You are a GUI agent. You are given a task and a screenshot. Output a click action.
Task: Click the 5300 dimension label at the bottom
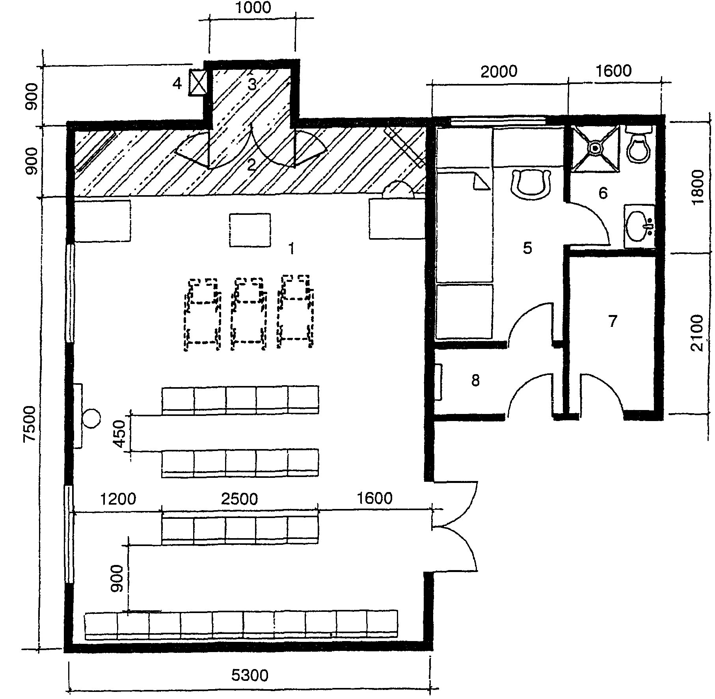[x=250, y=675]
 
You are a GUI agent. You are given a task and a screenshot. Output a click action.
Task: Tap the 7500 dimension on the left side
[x=30, y=426]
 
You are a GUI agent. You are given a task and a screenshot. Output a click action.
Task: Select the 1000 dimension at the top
[x=253, y=7]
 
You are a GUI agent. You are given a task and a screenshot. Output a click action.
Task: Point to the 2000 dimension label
[x=499, y=71]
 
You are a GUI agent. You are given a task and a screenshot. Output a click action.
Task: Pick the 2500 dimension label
[x=239, y=499]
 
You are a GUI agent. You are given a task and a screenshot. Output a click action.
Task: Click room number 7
[x=612, y=321]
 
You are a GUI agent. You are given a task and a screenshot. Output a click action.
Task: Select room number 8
[x=475, y=380]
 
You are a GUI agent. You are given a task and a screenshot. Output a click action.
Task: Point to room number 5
[x=527, y=248]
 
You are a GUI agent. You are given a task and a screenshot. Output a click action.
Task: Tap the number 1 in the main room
[x=291, y=249]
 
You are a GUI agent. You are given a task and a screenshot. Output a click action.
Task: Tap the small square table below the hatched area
[x=250, y=230]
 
